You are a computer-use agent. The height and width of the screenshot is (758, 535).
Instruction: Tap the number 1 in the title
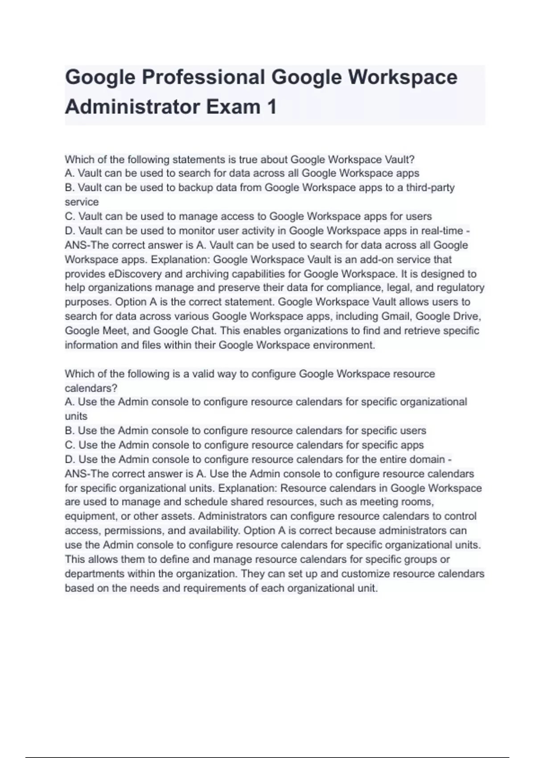271,107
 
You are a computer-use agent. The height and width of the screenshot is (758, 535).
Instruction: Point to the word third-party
430,187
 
